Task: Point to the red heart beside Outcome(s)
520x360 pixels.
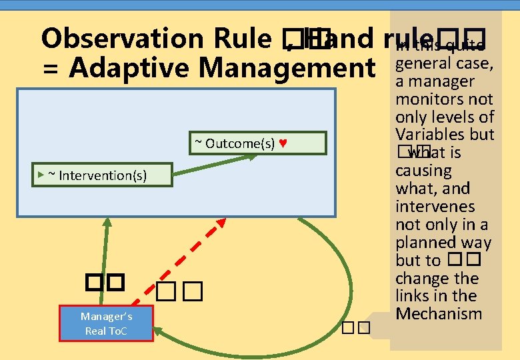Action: click(x=283, y=143)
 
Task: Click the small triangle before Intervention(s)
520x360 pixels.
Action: click(x=41, y=175)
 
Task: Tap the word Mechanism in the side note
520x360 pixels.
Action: click(x=438, y=313)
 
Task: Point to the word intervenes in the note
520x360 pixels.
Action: click(x=435, y=207)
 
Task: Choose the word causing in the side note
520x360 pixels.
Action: click(x=423, y=171)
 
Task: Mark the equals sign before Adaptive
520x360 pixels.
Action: click(x=50, y=68)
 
